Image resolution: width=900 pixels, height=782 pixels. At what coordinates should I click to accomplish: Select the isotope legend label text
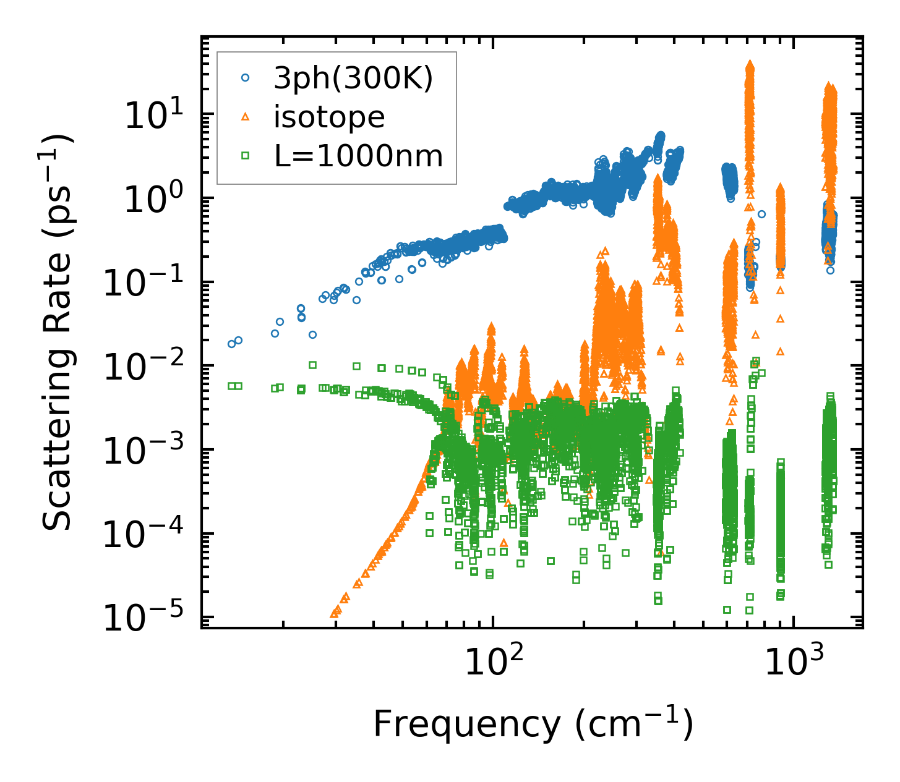tap(329, 117)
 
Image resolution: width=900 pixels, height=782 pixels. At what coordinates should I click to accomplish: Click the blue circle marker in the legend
tap(246, 78)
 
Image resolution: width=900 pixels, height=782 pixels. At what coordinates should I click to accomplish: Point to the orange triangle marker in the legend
tap(246, 117)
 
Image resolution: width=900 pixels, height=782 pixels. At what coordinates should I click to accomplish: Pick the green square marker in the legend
tap(246, 156)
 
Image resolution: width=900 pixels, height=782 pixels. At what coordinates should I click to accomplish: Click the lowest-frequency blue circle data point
tap(232, 344)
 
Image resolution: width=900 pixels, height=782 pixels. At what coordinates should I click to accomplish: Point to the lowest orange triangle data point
tap(334, 614)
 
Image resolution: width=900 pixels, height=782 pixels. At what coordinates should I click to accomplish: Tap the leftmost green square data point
tap(231, 386)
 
